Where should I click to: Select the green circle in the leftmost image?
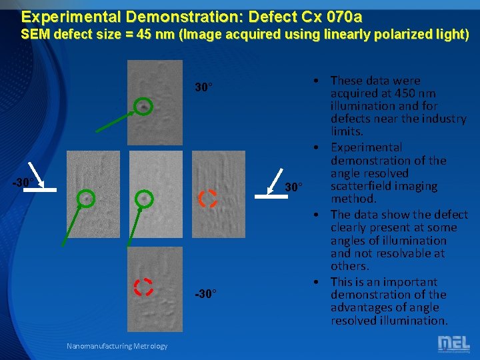tap(86, 198)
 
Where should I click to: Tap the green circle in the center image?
tap(145, 198)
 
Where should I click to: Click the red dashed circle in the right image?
tap(207, 199)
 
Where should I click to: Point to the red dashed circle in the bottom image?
tap(143, 287)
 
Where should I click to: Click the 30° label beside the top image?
tap(203, 87)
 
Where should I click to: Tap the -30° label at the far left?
tap(23, 182)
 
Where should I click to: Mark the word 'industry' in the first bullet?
tap(444, 119)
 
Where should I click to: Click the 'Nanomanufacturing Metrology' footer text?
tap(117, 345)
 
